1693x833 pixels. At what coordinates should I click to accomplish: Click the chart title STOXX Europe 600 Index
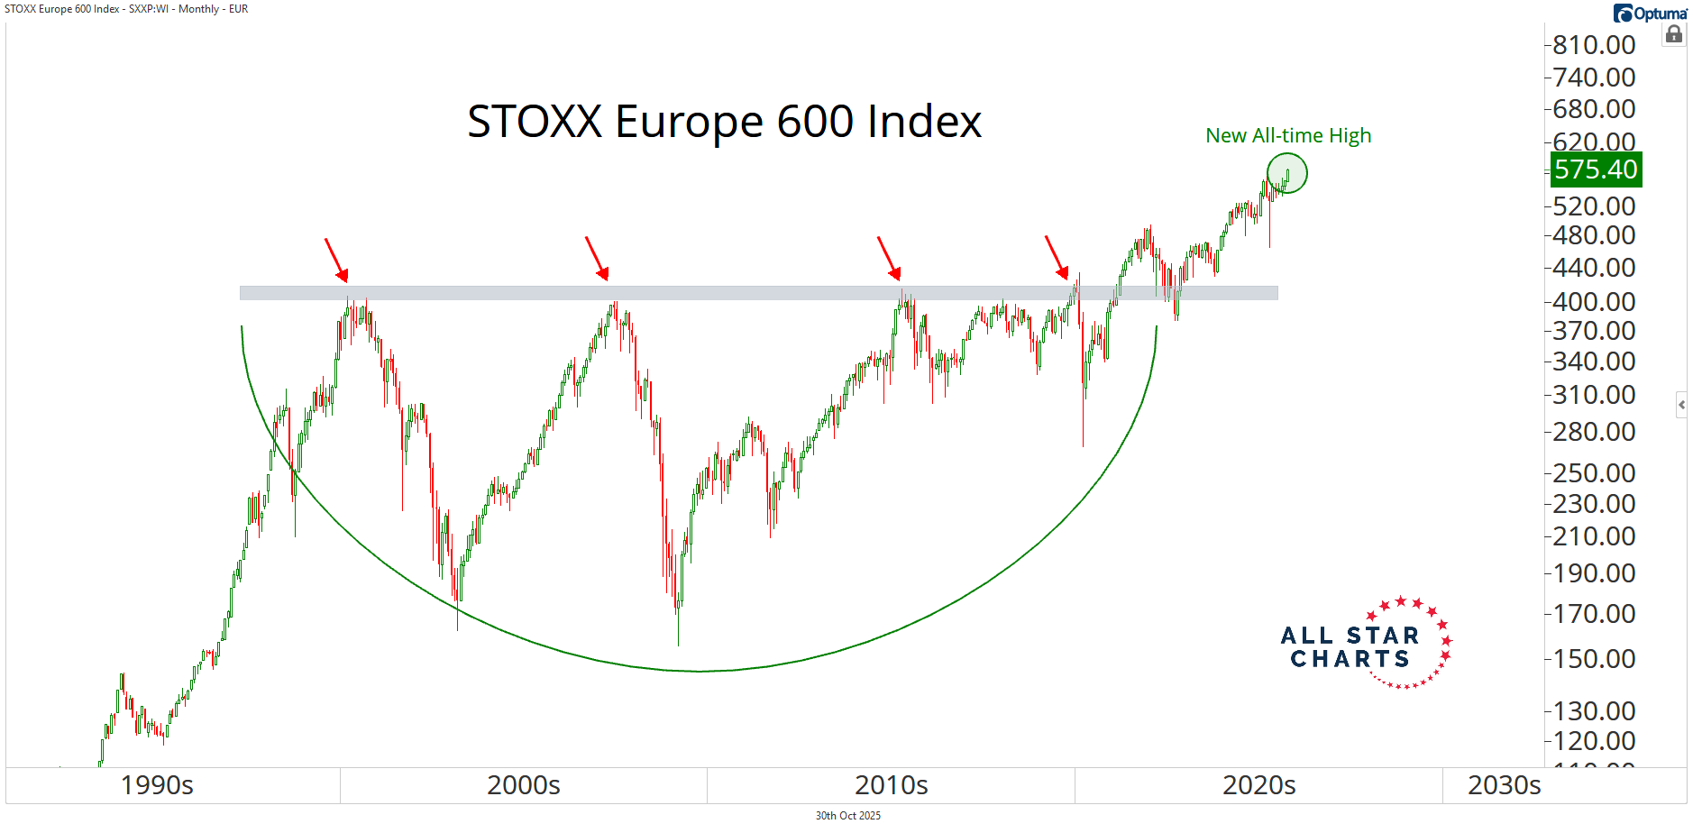pyautogui.click(x=724, y=122)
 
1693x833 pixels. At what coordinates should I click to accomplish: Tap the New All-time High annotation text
pyautogui.click(x=1287, y=136)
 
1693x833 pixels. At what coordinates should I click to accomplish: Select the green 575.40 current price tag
pyautogui.click(x=1595, y=169)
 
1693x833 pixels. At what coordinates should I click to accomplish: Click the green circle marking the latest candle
pyautogui.click(x=1286, y=173)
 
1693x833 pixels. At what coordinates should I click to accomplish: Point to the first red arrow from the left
pyautogui.click(x=336, y=260)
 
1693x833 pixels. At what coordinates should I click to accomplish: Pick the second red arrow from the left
pyautogui.click(x=597, y=259)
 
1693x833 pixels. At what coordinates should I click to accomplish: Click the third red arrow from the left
pyautogui.click(x=889, y=259)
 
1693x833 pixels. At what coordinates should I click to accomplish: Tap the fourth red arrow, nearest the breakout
pyautogui.click(x=1057, y=258)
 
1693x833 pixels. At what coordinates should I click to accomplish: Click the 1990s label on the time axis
pyautogui.click(x=157, y=785)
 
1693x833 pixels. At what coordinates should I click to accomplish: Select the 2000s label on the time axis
pyautogui.click(x=523, y=785)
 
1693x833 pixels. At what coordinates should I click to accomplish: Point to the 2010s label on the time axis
pyautogui.click(x=891, y=785)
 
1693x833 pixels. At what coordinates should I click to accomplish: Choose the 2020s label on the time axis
pyautogui.click(x=1258, y=785)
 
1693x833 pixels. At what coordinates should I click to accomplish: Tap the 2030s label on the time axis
pyautogui.click(x=1504, y=785)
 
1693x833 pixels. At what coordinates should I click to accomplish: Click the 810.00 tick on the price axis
pyautogui.click(x=1593, y=45)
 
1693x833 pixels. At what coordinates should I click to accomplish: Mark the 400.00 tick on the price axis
pyautogui.click(x=1593, y=302)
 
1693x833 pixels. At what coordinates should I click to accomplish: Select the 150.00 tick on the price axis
pyautogui.click(x=1593, y=659)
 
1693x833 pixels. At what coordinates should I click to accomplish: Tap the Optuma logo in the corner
pyautogui.click(x=1650, y=14)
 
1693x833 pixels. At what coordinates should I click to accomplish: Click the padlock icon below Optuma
pyautogui.click(x=1673, y=35)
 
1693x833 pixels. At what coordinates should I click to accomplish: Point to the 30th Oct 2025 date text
pyautogui.click(x=847, y=816)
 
